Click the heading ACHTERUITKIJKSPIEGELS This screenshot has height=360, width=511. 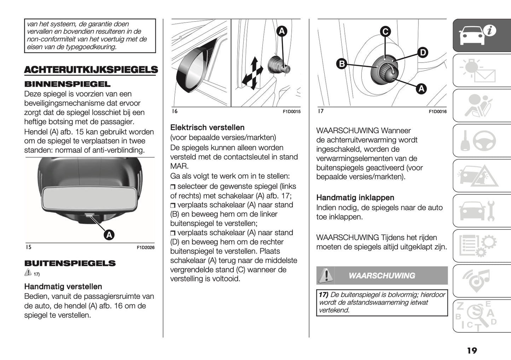point(91,70)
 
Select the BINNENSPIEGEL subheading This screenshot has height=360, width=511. point(67,84)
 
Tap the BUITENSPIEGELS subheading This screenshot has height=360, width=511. point(70,263)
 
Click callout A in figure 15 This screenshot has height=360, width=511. point(109,235)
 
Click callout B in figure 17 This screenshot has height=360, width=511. point(342,64)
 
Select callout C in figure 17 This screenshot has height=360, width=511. point(385,31)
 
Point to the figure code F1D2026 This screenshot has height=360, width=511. point(145,248)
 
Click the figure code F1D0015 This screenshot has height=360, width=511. point(291,112)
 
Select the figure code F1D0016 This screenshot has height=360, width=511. point(437,112)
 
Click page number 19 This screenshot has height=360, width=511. point(472,350)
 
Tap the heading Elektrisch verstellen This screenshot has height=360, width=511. point(207,128)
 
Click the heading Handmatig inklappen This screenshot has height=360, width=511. point(355,198)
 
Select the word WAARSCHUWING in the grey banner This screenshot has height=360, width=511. point(382,276)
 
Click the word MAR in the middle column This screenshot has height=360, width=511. point(179,166)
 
